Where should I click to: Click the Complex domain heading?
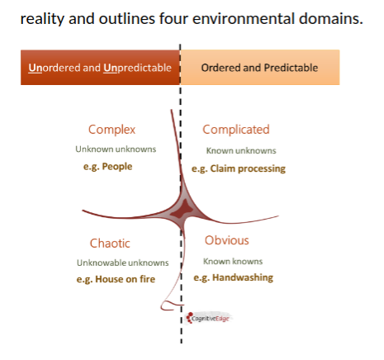[111, 130]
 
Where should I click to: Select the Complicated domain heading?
[236, 130]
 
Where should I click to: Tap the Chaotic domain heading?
[110, 244]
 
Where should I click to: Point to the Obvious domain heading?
[226, 240]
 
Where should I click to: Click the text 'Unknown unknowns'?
[116, 149]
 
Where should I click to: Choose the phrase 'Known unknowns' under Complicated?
[241, 150]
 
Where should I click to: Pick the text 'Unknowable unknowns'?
[123, 263]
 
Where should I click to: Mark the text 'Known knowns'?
[233, 261]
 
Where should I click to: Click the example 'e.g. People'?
[107, 167]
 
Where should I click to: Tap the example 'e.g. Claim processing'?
[239, 168]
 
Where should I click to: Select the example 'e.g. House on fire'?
[116, 279]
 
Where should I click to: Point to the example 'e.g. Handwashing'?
[234, 277]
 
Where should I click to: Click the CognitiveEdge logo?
[208, 318]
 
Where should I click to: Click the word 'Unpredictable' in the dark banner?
[137, 68]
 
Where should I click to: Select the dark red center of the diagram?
[182, 211]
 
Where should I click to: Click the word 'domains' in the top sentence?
[331, 19]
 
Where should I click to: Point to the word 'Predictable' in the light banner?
[291, 68]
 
